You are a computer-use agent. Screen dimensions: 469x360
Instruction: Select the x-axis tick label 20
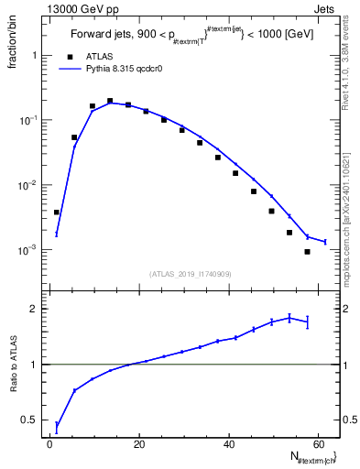point(139,444)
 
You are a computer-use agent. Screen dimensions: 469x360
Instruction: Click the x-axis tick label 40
point(228,444)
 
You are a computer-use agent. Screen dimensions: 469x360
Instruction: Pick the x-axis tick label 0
point(50,444)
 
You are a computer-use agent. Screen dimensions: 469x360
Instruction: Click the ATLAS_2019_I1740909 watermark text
point(191,274)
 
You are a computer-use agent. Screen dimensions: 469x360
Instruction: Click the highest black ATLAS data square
point(110,101)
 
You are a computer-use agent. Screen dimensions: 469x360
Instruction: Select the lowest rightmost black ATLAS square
point(307,252)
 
